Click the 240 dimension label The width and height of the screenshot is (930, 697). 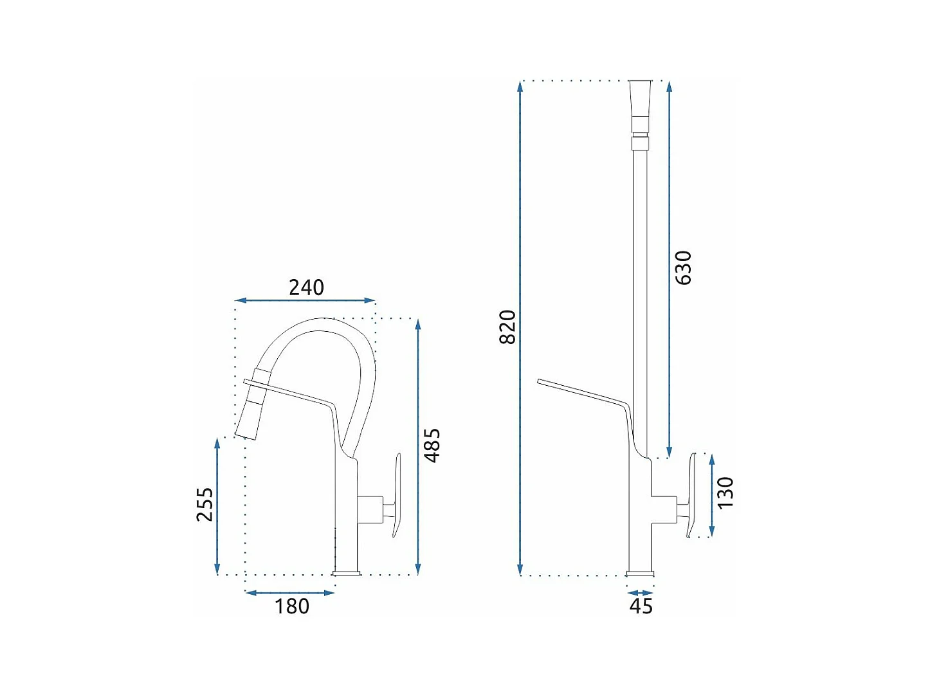(306, 287)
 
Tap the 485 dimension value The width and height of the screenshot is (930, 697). (433, 446)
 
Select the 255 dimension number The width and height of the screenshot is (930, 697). (205, 504)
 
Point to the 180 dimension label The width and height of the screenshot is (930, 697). (292, 606)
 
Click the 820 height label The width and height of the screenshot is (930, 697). (508, 327)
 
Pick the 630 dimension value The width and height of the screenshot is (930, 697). (683, 267)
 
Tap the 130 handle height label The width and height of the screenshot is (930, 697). (725, 493)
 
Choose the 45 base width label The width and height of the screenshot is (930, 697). (641, 606)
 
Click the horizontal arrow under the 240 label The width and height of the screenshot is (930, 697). (305, 301)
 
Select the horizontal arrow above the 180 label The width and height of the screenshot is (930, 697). (290, 593)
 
